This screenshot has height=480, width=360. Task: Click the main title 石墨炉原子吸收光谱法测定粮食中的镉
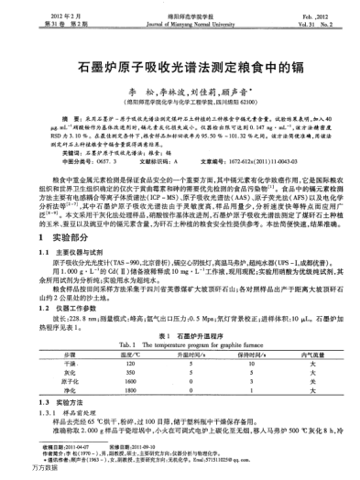[180, 68]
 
